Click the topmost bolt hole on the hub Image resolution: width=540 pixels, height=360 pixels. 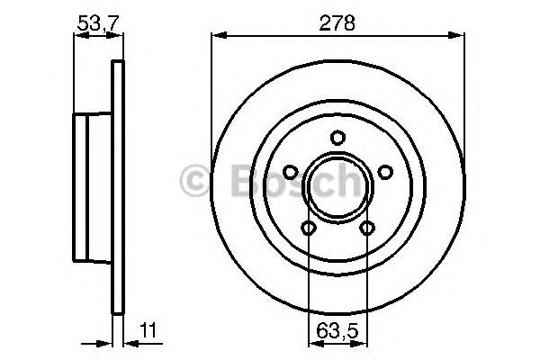click(x=337, y=138)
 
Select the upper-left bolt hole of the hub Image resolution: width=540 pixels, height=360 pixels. click(x=291, y=173)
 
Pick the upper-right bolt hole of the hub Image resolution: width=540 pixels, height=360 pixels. click(x=384, y=173)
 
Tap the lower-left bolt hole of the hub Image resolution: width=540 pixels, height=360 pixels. click(x=309, y=229)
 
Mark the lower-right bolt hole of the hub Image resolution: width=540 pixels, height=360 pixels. click(x=366, y=229)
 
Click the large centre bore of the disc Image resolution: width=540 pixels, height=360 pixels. click(x=337, y=189)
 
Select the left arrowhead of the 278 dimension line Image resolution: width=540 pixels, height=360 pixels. click(x=216, y=36)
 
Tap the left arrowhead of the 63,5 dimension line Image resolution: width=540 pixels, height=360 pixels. click(x=313, y=342)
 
